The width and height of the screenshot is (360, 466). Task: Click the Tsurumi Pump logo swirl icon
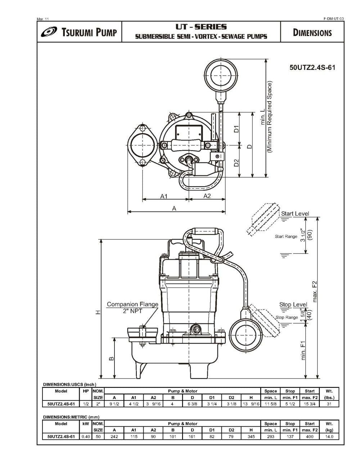pyautogui.click(x=49, y=32)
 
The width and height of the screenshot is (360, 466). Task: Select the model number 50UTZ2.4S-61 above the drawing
pyautogui.click(x=312, y=67)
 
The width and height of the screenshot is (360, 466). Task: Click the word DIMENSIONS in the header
pyautogui.click(x=312, y=33)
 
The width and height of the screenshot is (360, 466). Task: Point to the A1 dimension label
pyautogui.click(x=165, y=196)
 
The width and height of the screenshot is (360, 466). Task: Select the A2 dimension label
pyautogui.click(x=207, y=196)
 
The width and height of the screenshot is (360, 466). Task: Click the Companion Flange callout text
pyautogui.click(x=132, y=304)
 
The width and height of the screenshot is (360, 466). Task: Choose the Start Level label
pyautogui.click(x=295, y=214)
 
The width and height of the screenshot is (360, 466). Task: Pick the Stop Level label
pyautogui.click(x=293, y=305)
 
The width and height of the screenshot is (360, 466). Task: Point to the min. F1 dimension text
pyautogui.click(x=303, y=350)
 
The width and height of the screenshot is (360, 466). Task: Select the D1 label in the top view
pyautogui.click(x=236, y=129)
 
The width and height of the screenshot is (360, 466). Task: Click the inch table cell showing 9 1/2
pyautogui.click(x=114, y=404)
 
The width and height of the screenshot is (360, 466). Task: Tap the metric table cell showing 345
pyautogui.click(x=251, y=436)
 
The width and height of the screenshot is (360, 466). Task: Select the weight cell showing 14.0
pyautogui.click(x=329, y=436)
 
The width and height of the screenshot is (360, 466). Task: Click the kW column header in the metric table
pyautogui.click(x=85, y=424)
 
